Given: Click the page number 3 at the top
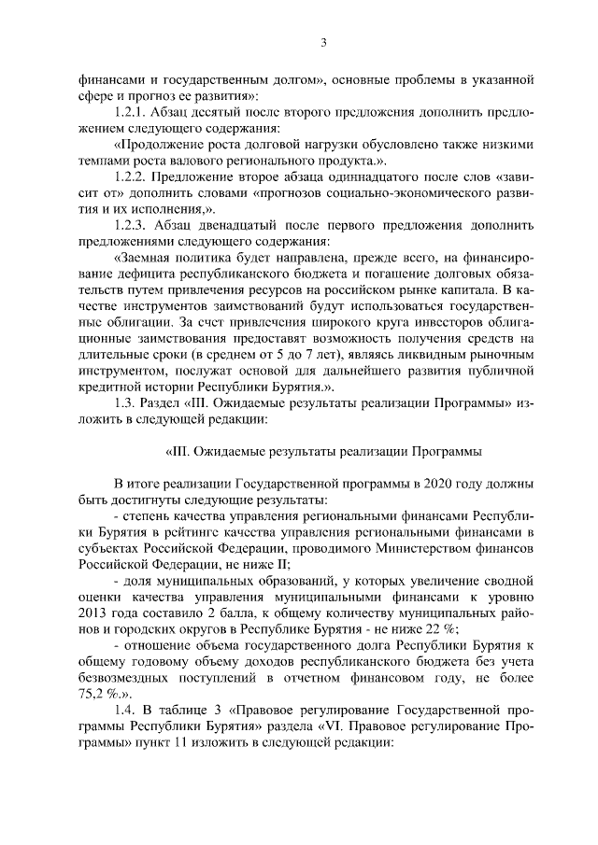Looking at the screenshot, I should [x=322, y=42].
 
